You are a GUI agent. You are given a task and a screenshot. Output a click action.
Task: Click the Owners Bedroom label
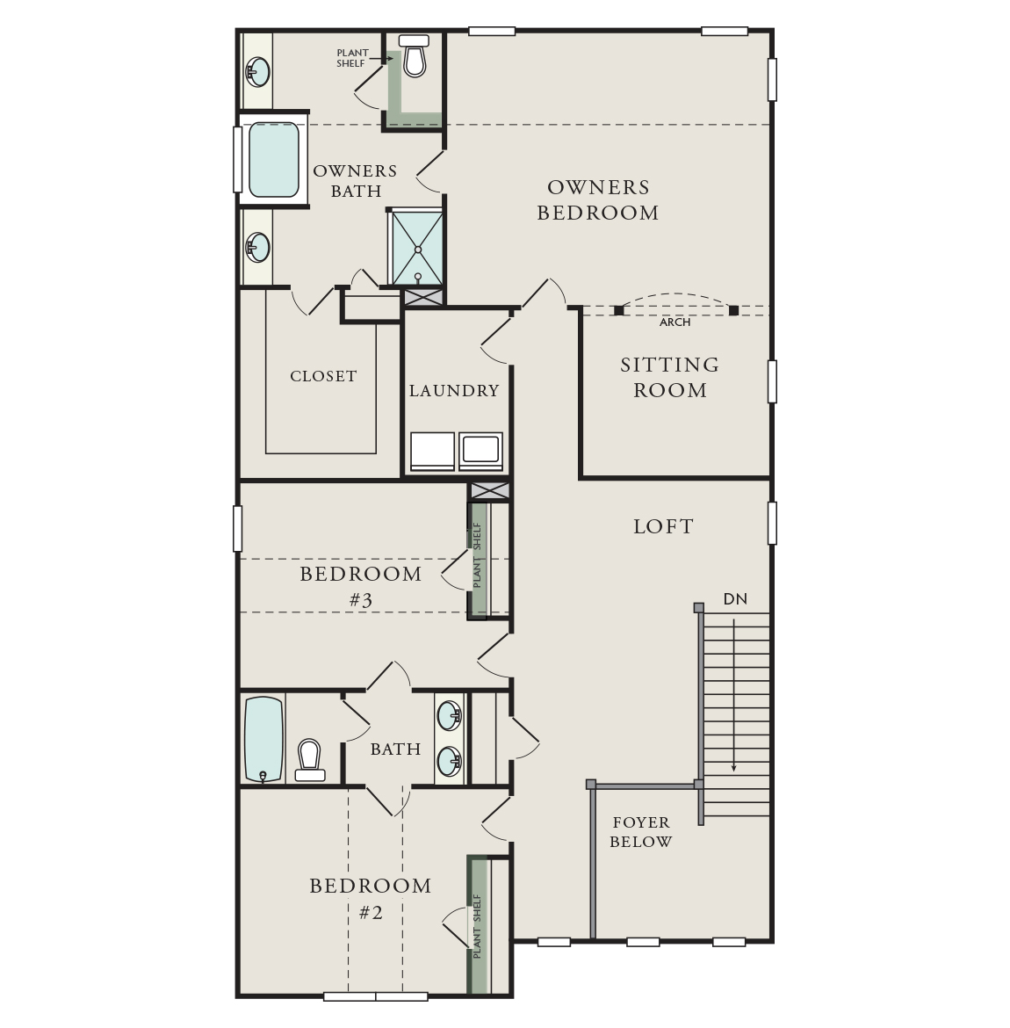pyautogui.click(x=598, y=200)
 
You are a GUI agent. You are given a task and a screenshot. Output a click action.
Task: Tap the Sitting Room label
pyautogui.click(x=670, y=378)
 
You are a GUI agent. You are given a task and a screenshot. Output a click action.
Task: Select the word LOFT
pyautogui.click(x=664, y=527)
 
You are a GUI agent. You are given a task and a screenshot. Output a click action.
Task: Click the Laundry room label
pyautogui.click(x=454, y=391)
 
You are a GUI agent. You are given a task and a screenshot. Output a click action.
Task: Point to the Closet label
pyautogui.click(x=323, y=376)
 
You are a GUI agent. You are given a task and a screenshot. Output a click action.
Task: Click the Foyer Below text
pyautogui.click(x=641, y=832)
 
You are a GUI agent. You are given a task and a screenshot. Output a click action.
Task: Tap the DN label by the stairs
pyautogui.click(x=735, y=599)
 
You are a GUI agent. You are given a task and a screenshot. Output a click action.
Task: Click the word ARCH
pyautogui.click(x=675, y=322)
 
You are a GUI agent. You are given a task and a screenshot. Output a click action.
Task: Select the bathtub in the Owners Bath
pyautogui.click(x=273, y=159)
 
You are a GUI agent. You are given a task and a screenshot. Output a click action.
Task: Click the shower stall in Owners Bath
pyautogui.click(x=417, y=248)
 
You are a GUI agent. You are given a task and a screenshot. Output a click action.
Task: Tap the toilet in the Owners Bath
pyautogui.click(x=414, y=56)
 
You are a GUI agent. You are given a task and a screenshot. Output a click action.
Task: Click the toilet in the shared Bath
pyautogui.click(x=309, y=760)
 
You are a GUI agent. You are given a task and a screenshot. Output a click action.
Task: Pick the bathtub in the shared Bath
pyautogui.click(x=263, y=739)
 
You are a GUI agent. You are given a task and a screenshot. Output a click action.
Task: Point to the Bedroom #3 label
pyautogui.click(x=361, y=587)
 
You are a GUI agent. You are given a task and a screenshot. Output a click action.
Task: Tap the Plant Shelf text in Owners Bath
pyautogui.click(x=352, y=58)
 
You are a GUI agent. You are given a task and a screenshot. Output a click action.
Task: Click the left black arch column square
pyautogui.click(x=619, y=310)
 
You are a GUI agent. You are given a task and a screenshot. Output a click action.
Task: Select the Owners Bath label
pyautogui.click(x=356, y=181)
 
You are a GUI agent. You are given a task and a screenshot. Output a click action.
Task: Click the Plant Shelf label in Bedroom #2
pyautogui.click(x=478, y=926)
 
